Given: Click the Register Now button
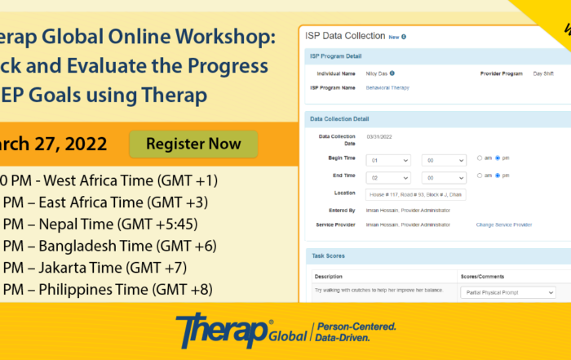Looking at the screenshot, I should (x=193, y=144).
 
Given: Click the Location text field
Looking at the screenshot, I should (x=416, y=194).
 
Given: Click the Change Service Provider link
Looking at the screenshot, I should (x=504, y=224).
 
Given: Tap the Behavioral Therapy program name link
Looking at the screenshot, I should (x=387, y=87).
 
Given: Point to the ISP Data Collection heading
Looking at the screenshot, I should (x=344, y=36).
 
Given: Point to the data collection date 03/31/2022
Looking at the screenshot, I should (x=380, y=136).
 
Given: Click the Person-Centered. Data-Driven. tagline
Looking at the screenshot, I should (x=356, y=331).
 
